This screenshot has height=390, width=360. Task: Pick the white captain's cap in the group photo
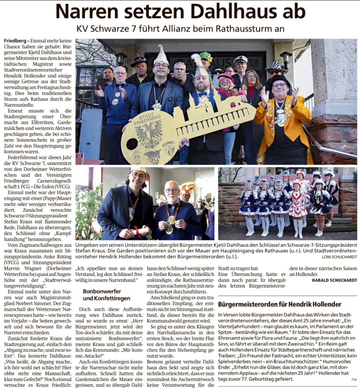pos(240,59)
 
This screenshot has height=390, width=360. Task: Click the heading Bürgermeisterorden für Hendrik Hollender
pos(280,304)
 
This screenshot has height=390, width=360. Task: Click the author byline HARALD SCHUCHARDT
pos(335,280)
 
